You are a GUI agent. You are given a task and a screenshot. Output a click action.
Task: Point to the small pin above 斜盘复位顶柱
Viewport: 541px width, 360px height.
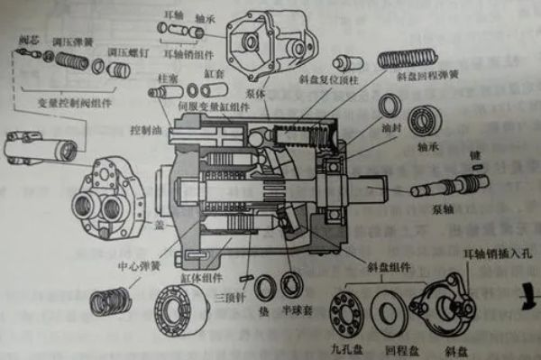(x=347, y=65)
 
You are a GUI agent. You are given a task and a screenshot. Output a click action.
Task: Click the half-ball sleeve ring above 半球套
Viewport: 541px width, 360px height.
(x=291, y=287)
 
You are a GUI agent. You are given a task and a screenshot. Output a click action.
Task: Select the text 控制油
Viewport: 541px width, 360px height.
(x=144, y=130)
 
